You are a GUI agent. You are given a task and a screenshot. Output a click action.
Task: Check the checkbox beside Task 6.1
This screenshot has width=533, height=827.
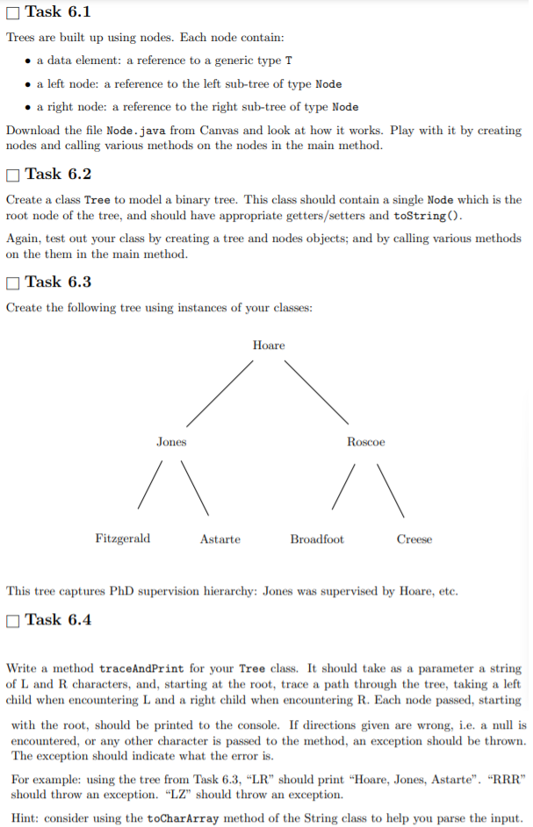pyautogui.click(x=12, y=12)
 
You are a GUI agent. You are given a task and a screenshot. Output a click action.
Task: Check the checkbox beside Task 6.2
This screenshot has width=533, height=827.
pyautogui.click(x=12, y=175)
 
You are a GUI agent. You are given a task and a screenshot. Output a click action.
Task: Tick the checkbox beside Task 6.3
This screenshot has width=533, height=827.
pyautogui.click(x=12, y=282)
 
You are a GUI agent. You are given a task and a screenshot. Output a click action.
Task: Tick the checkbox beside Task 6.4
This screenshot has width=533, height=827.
pyautogui.click(x=12, y=620)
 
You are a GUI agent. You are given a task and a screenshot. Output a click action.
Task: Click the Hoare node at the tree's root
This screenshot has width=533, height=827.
pyautogui.click(x=269, y=346)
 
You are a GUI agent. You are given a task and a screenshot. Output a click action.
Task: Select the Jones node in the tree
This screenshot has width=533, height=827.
pyautogui.click(x=171, y=442)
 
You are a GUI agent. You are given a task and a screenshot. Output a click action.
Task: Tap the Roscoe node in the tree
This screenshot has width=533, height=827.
pyautogui.click(x=365, y=442)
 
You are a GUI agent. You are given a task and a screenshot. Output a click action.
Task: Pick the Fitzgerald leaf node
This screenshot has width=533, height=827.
pyautogui.click(x=122, y=538)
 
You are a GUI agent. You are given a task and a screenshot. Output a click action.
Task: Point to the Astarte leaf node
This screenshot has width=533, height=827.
pyautogui.click(x=220, y=539)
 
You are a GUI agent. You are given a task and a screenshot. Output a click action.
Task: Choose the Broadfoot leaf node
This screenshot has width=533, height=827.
pyautogui.click(x=317, y=539)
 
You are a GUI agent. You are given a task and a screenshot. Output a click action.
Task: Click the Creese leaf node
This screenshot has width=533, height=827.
pyautogui.click(x=414, y=539)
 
